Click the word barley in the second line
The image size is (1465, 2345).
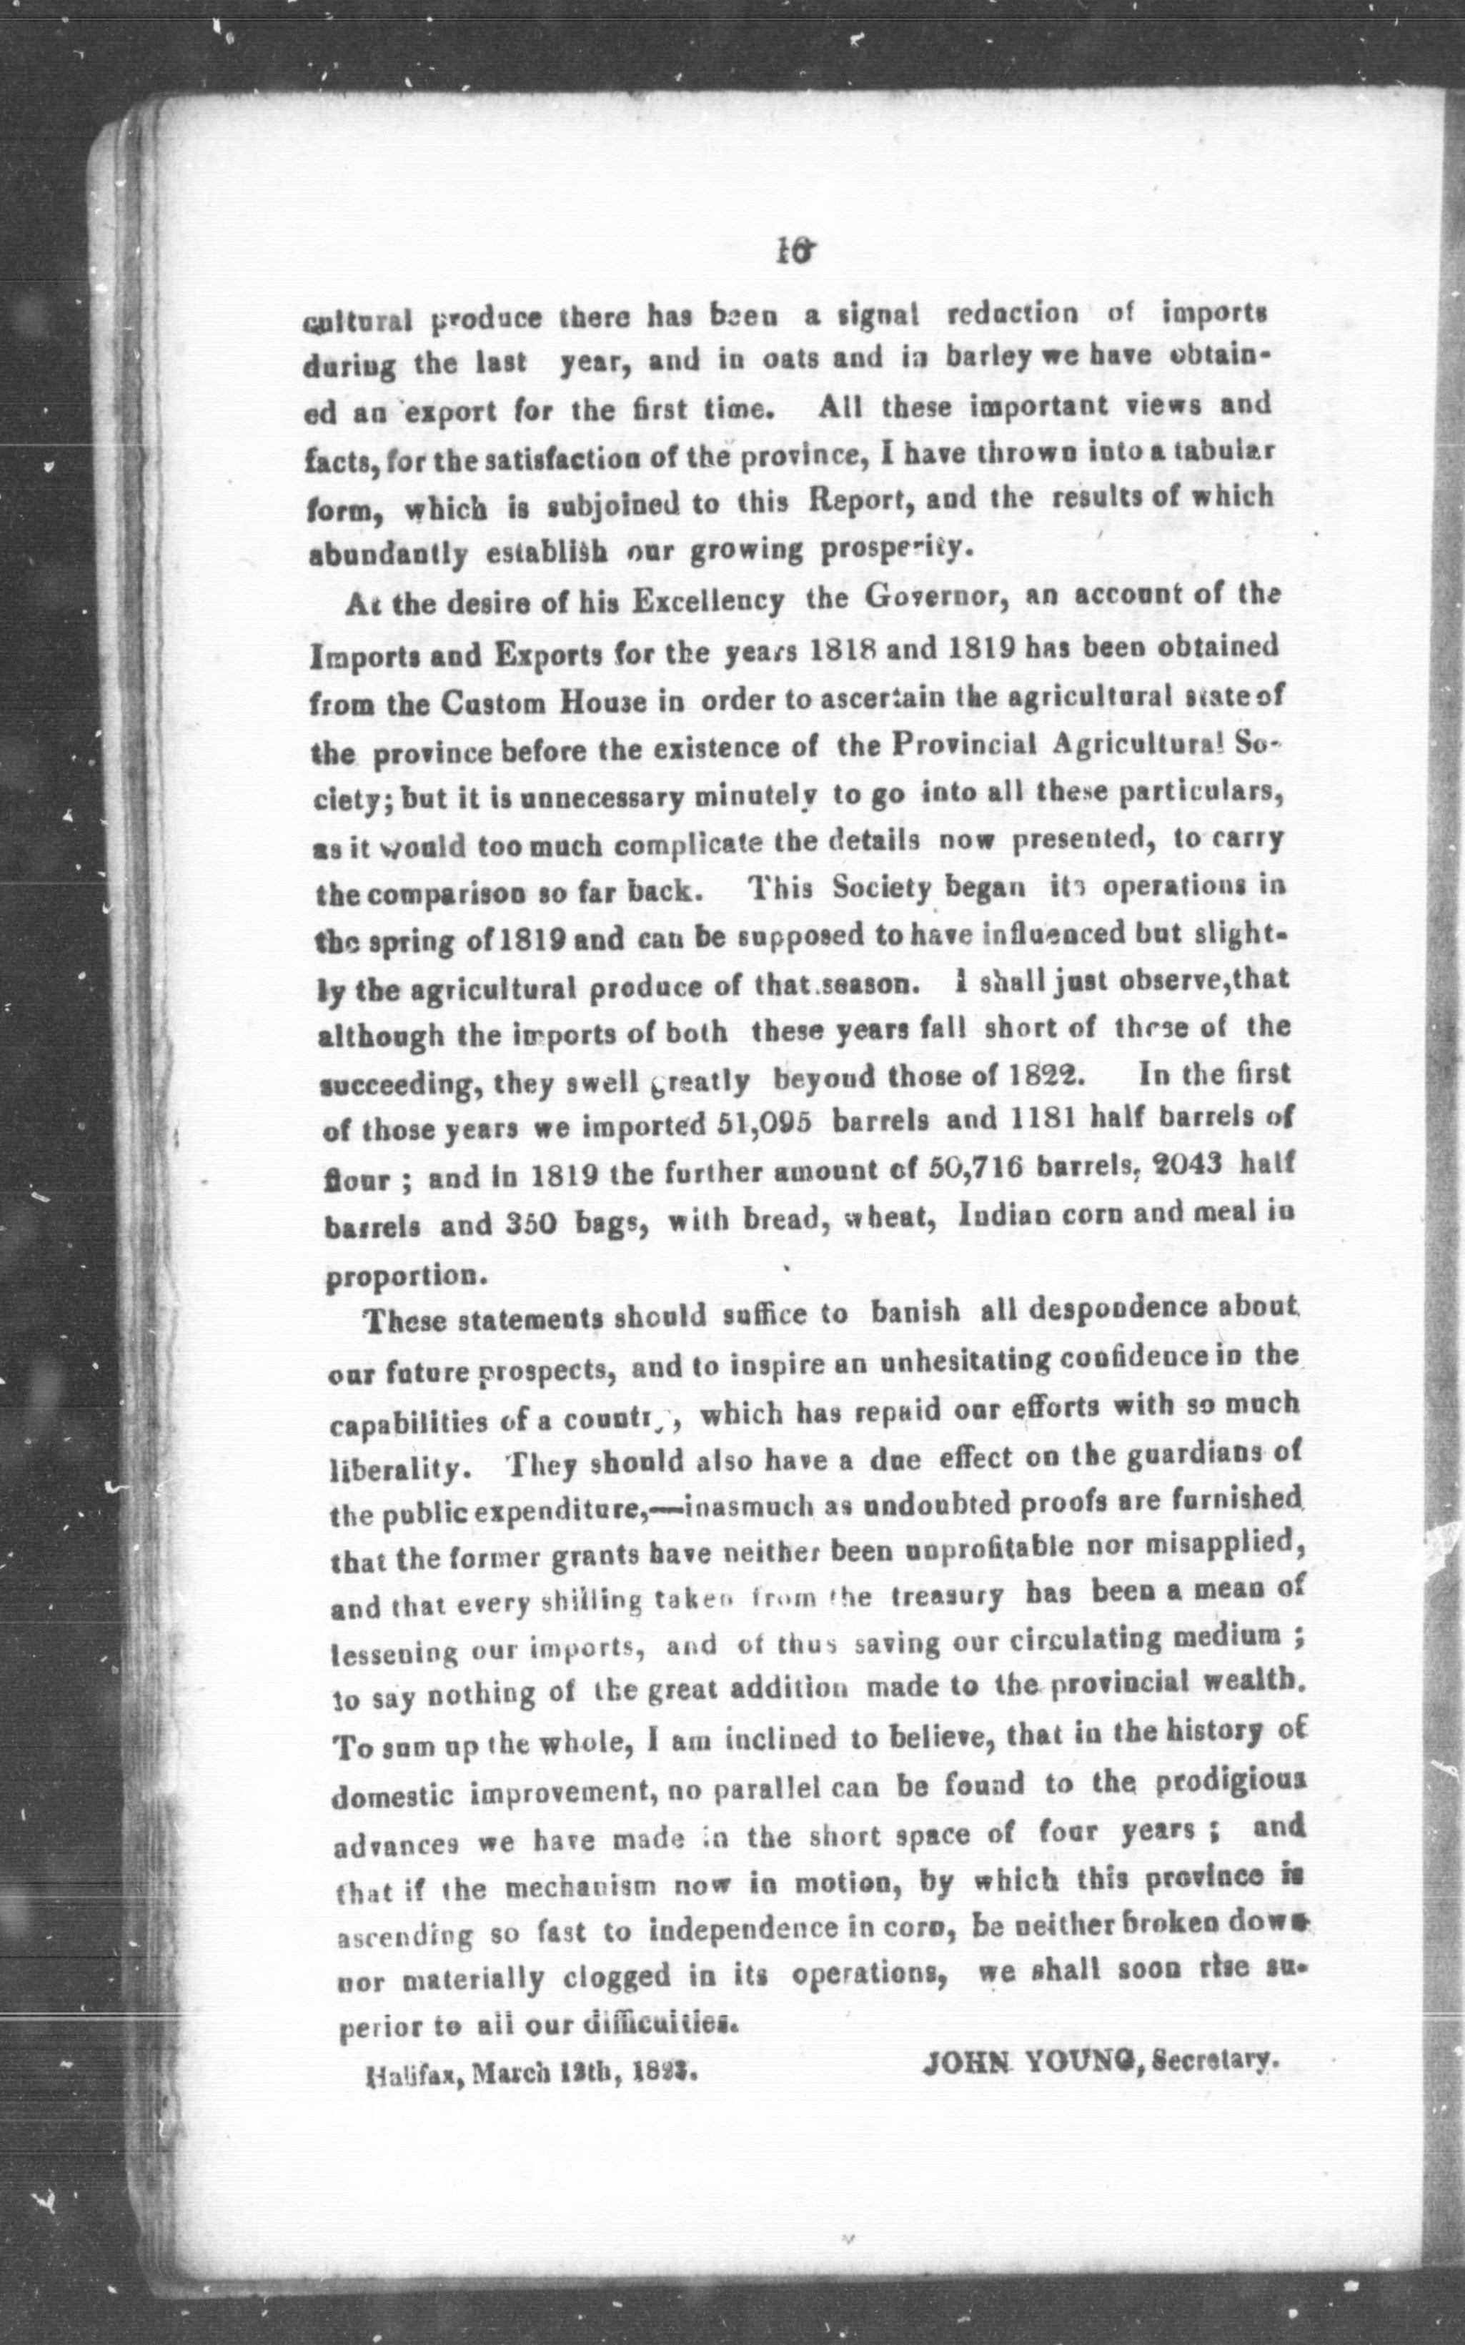985,356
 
